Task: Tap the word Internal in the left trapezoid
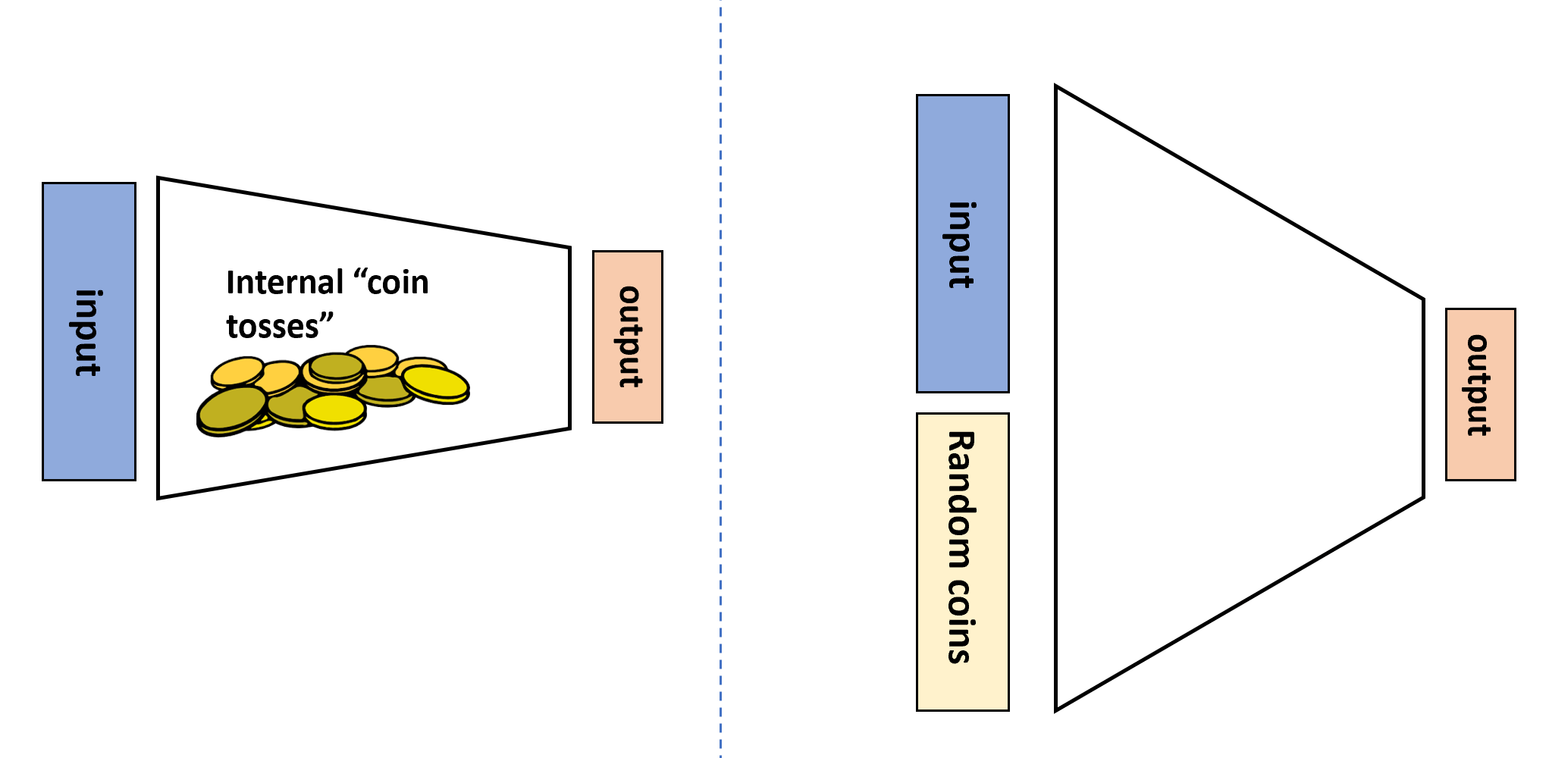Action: pos(285,283)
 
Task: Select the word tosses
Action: pos(272,327)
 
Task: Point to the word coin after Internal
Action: pos(398,283)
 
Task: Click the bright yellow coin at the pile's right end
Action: pos(436,383)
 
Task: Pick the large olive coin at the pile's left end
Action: pos(232,409)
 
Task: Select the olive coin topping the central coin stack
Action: pos(337,366)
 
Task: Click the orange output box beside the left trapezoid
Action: pos(628,337)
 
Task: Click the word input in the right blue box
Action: pos(962,244)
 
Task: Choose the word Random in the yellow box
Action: pos(962,500)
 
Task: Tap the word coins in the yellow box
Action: pos(962,622)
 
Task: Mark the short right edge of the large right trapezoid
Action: pos(1423,399)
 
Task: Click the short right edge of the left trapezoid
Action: pos(569,338)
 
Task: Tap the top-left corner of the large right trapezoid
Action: pos(1056,87)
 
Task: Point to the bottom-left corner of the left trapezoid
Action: pos(158,497)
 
